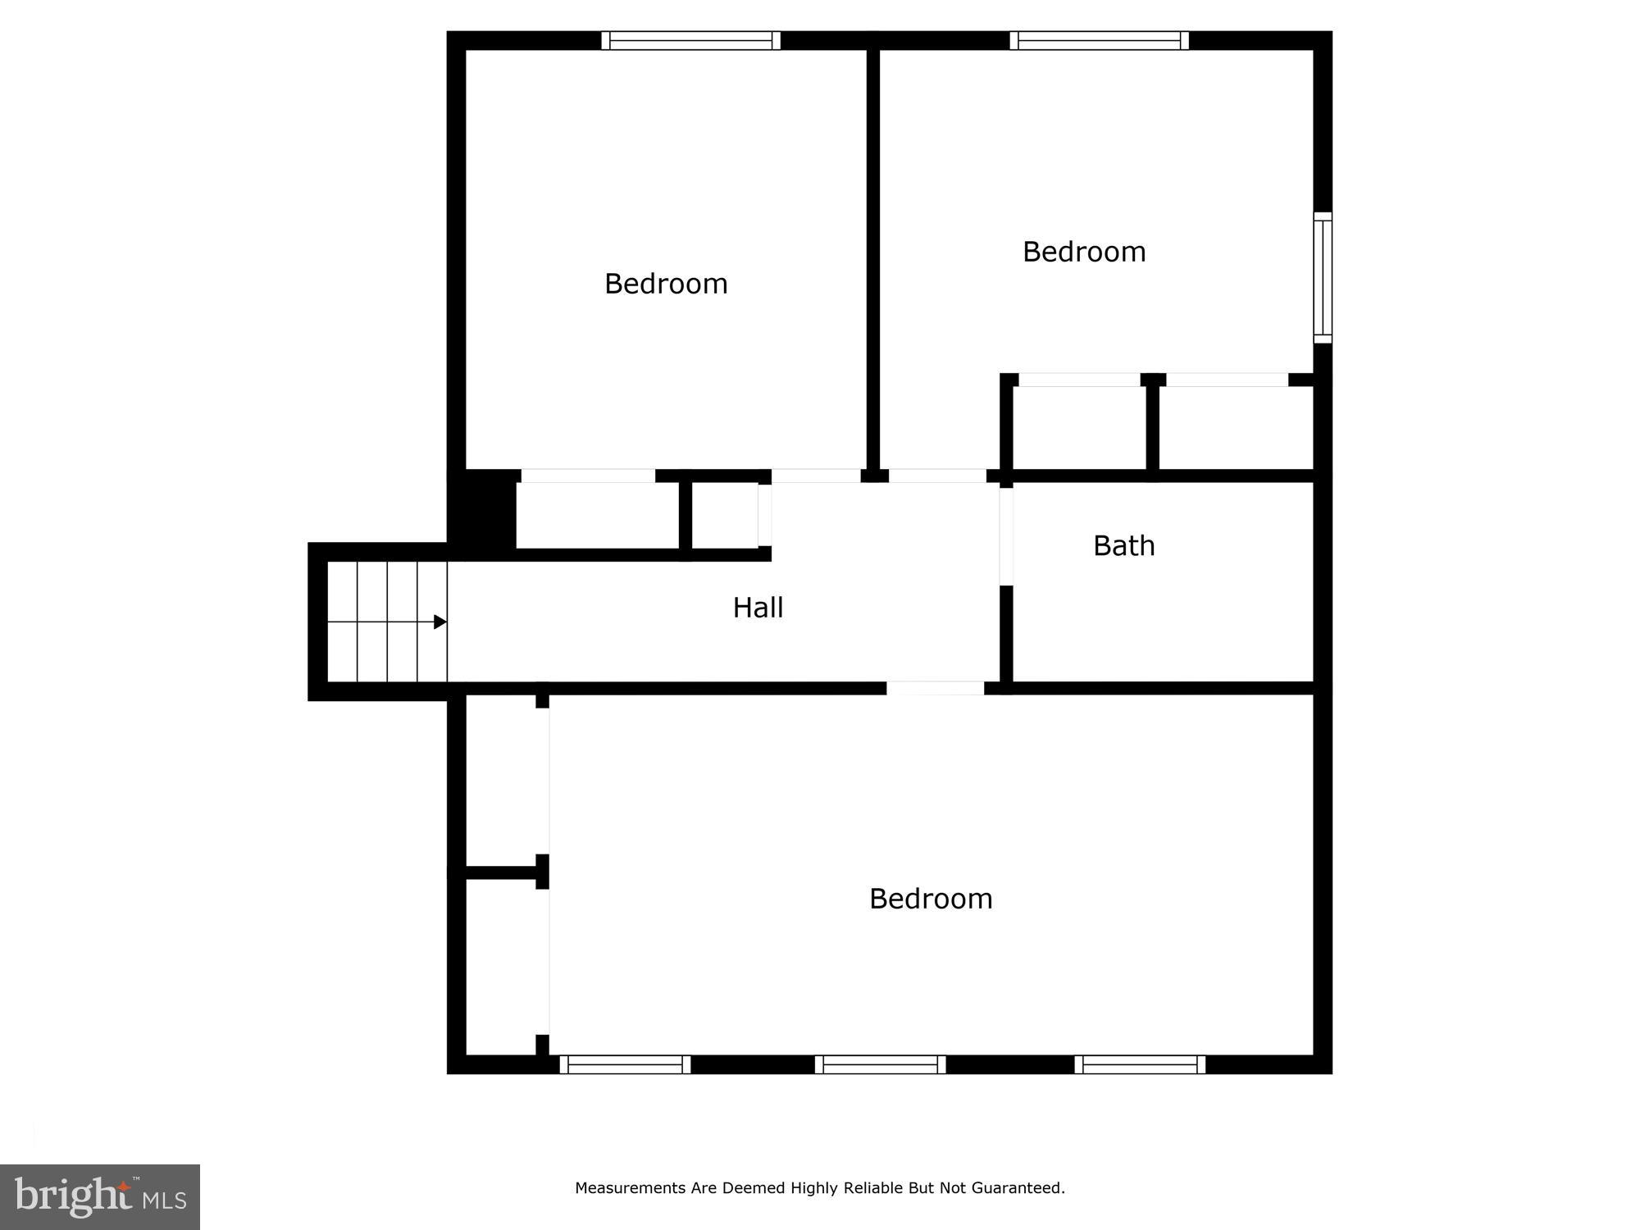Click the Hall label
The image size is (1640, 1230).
tap(758, 608)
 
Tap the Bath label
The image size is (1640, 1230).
tap(1123, 546)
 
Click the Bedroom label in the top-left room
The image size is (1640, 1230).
tap(666, 284)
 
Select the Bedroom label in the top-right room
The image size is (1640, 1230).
tap(1084, 252)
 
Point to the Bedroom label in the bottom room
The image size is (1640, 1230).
tap(931, 899)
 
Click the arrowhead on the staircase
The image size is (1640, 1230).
tap(440, 622)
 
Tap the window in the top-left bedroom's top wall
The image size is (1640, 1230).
tap(690, 40)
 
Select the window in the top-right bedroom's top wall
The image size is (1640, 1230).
tap(1099, 40)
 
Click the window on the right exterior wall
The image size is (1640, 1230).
tap(1323, 277)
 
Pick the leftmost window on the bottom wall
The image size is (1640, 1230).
tap(625, 1064)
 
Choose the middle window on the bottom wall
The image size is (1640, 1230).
tap(880, 1064)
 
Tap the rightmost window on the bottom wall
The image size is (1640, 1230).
tap(1140, 1064)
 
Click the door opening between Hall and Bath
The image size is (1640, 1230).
tap(1006, 536)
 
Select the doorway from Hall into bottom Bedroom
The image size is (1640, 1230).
tap(935, 688)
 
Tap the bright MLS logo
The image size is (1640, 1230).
tap(100, 1196)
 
